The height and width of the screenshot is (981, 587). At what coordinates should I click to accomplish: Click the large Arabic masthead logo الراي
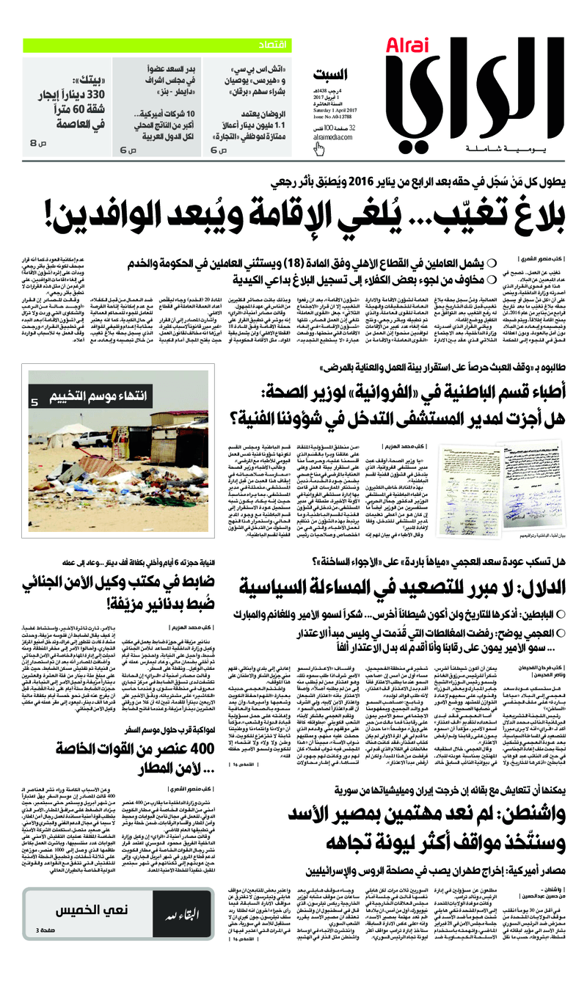(x=470, y=95)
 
